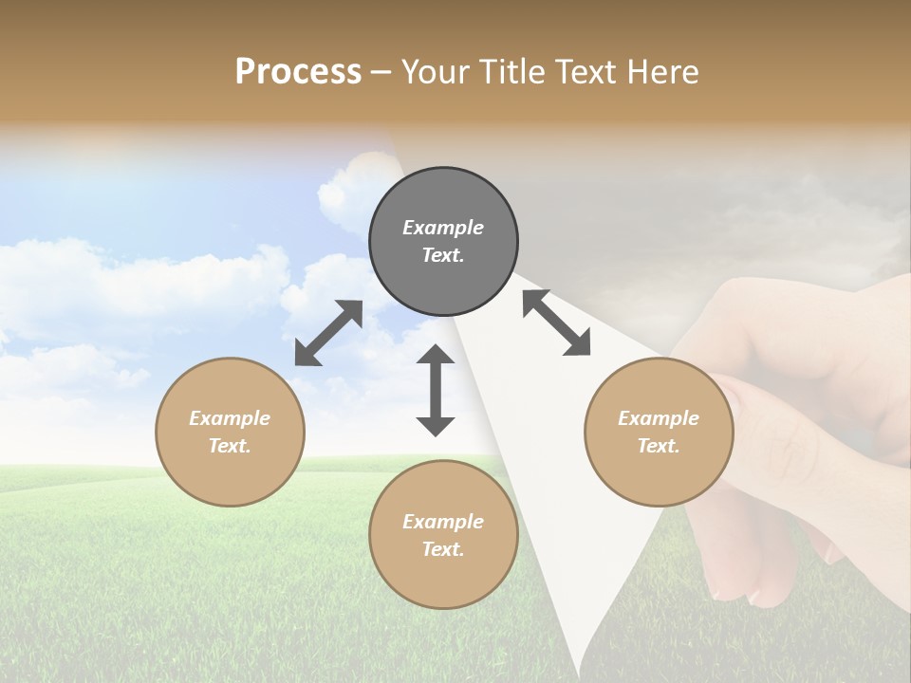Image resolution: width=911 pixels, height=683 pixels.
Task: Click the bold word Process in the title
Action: click(298, 72)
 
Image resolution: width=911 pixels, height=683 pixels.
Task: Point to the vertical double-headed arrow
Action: click(436, 390)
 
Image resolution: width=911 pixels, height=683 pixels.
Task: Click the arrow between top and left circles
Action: click(329, 333)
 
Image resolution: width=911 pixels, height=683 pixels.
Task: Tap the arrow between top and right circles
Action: click(556, 323)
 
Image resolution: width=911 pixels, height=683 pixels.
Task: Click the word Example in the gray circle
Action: click(443, 228)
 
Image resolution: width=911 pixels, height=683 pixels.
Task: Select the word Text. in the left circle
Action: click(230, 446)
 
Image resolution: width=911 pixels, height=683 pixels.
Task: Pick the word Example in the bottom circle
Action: click(443, 522)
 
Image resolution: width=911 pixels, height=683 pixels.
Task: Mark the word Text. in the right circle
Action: click(659, 446)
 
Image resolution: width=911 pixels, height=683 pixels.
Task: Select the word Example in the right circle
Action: click(659, 418)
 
